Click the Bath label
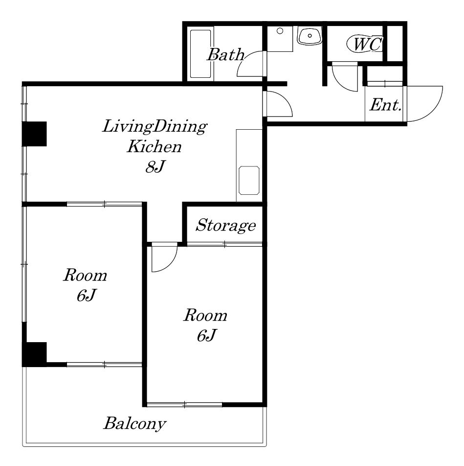pyautogui.click(x=225, y=55)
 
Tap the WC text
pyautogui.click(x=368, y=44)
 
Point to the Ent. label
pyautogui.click(x=385, y=105)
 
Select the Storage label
pyautogui.click(x=225, y=225)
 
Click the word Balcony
pyautogui.click(x=134, y=424)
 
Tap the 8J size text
pyautogui.click(x=155, y=166)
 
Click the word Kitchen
pyautogui.click(x=154, y=146)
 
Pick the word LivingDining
pyautogui.click(x=155, y=127)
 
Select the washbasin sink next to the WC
pyautogui.click(x=309, y=36)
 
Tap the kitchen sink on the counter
pyautogui.click(x=249, y=181)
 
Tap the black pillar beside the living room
pyautogui.click(x=34, y=134)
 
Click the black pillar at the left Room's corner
pyautogui.click(x=34, y=354)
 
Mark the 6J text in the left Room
pyautogui.click(x=87, y=296)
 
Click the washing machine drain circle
pyautogui.click(x=280, y=31)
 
